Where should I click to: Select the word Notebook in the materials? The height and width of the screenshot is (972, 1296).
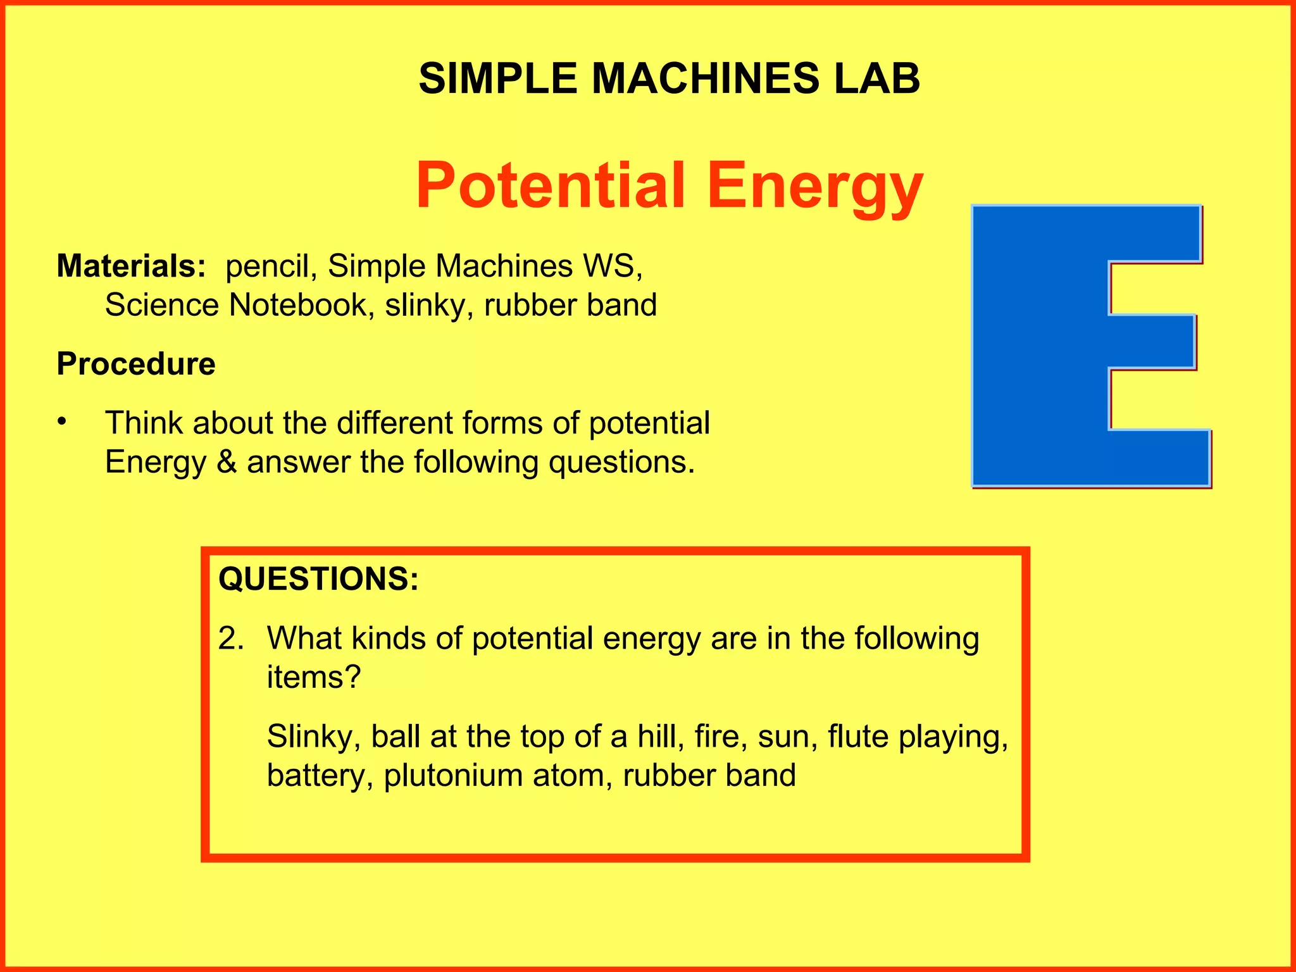pyautogui.click(x=298, y=305)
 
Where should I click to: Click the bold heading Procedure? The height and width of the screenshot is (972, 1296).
pyautogui.click(x=136, y=364)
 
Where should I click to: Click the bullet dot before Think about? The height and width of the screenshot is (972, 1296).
pyautogui.click(x=61, y=421)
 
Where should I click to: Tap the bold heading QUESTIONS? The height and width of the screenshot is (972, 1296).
pyautogui.click(x=318, y=579)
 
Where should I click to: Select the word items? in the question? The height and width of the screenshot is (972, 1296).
pyautogui.click(x=313, y=677)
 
